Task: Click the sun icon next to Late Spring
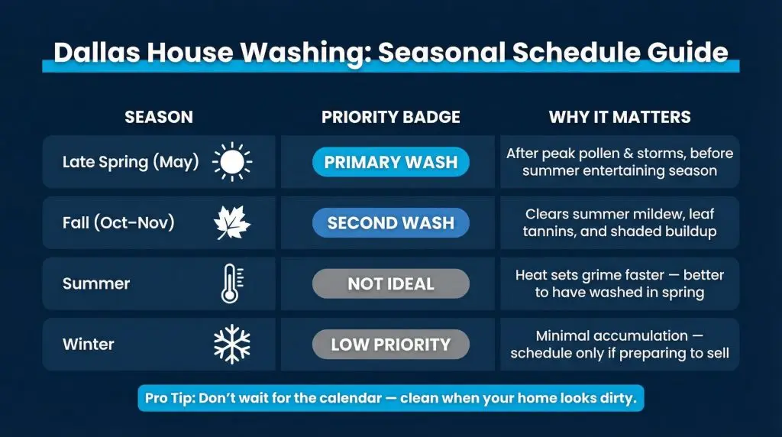[232, 162]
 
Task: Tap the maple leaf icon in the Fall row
[232, 222]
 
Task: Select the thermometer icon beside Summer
[232, 283]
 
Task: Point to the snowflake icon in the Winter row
[232, 345]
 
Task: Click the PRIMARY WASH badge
[391, 162]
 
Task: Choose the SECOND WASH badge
[391, 222]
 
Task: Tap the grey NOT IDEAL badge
[391, 283]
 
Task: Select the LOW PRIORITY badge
[391, 345]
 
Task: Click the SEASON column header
[159, 117]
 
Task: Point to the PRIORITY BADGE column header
[391, 117]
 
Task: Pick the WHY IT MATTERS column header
[620, 117]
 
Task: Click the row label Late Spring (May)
[131, 162]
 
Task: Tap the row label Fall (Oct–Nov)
[118, 222]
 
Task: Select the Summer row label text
[96, 283]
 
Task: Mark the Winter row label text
[89, 345]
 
